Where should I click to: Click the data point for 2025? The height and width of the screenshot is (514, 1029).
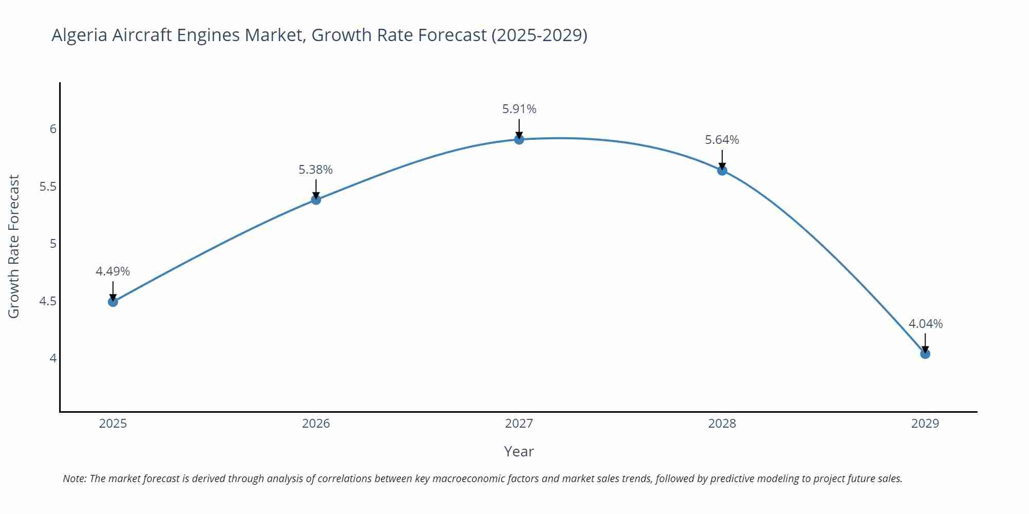click(x=113, y=302)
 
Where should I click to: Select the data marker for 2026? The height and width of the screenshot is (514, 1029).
click(x=316, y=199)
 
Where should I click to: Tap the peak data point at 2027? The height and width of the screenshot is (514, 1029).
click(x=519, y=139)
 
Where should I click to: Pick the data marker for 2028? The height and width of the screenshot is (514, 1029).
click(x=722, y=171)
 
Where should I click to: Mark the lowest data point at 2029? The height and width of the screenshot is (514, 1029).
click(x=925, y=354)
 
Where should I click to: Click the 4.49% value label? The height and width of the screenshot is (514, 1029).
click(x=113, y=271)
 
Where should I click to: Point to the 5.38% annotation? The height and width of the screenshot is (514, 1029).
click(x=315, y=170)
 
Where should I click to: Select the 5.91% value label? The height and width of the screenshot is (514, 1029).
click(x=519, y=109)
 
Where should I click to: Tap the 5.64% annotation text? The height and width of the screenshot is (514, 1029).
click(x=722, y=140)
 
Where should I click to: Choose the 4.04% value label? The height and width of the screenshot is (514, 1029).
click(x=925, y=324)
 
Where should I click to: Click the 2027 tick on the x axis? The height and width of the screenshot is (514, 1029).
click(x=519, y=424)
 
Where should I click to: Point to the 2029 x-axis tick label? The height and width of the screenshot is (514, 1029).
click(x=925, y=424)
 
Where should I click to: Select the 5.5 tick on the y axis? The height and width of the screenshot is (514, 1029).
click(x=48, y=187)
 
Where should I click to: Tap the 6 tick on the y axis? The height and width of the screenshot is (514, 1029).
click(x=53, y=129)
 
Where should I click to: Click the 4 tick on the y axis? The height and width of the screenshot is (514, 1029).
click(x=53, y=358)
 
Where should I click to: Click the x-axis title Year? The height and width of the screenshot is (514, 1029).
click(x=519, y=451)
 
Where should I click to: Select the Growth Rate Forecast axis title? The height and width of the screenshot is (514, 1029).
click(x=14, y=246)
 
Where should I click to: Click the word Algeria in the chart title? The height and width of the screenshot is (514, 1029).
click(x=79, y=35)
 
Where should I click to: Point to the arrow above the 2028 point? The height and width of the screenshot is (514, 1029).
click(x=722, y=159)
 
